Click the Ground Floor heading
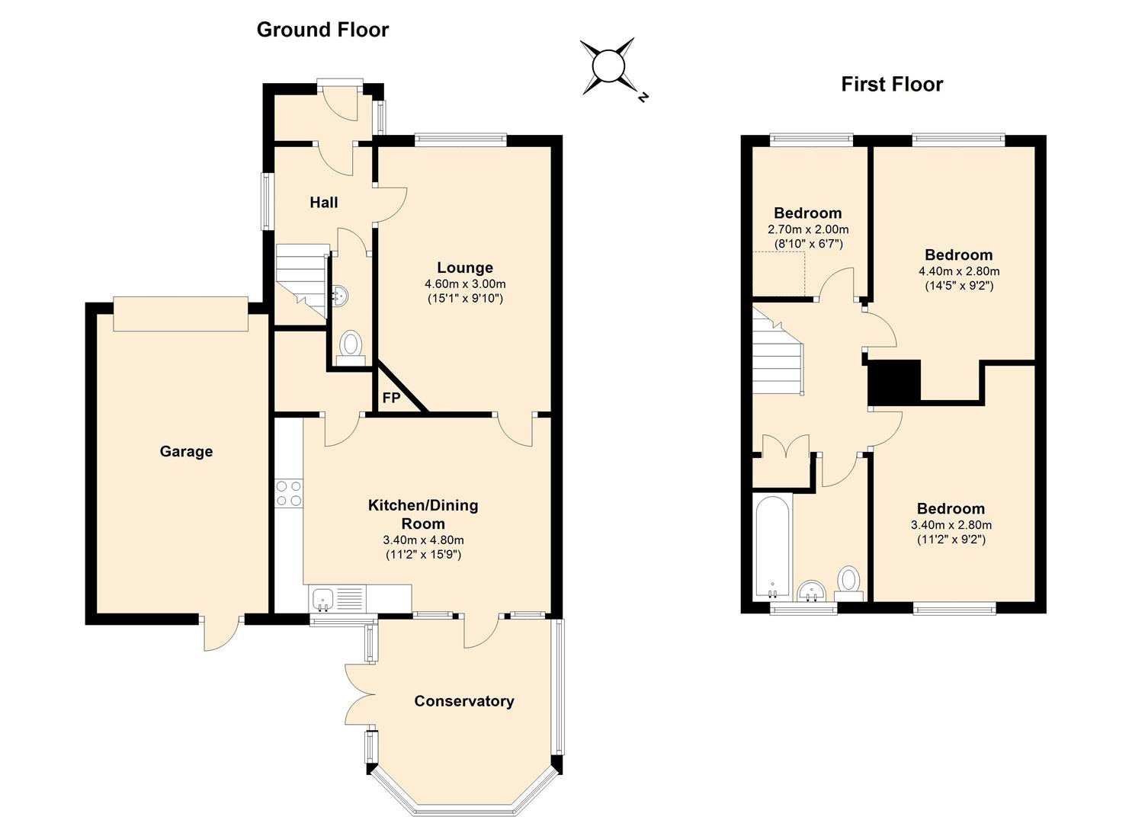tap(323, 30)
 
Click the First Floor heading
tap(892, 85)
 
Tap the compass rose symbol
tap(608, 67)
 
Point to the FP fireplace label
tap(391, 398)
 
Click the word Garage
tap(186, 451)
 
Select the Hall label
tap(323, 203)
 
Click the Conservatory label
tap(464, 701)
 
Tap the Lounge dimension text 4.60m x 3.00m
tap(465, 284)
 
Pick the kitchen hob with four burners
tap(289, 494)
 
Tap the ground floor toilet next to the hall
tap(350, 347)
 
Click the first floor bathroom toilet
tap(849, 584)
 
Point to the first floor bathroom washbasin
tap(812, 591)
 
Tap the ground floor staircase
tap(301, 281)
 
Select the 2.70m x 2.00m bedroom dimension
tap(808, 229)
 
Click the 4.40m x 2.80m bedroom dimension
tap(959, 271)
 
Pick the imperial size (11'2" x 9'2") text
tap(951, 540)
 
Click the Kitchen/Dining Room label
tap(423, 514)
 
